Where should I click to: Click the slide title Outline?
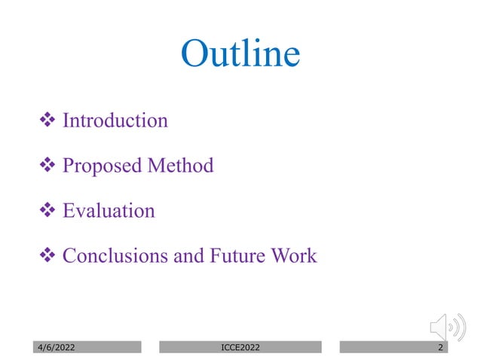click(x=240, y=54)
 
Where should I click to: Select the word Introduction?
click(x=115, y=121)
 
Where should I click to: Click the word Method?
click(x=180, y=166)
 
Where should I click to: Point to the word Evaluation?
click(x=109, y=211)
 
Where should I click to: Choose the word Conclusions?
click(x=115, y=256)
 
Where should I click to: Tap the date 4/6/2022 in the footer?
click(x=57, y=347)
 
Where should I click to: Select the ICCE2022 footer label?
click(x=240, y=347)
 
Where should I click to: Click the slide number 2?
click(x=440, y=347)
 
